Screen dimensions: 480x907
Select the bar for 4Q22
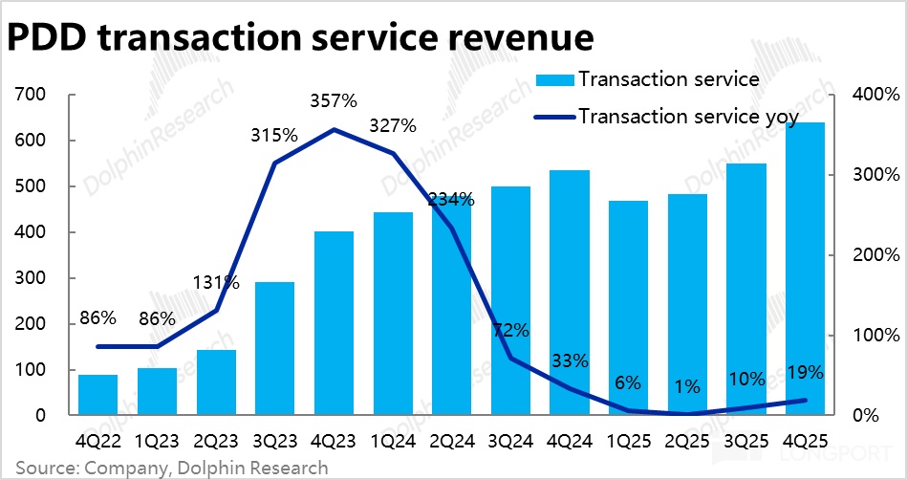coord(97,395)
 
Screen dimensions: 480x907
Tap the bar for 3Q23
coord(274,349)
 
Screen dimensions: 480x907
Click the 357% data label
coord(334,100)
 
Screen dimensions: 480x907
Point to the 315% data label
coord(274,135)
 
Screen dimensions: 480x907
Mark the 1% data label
coord(686,387)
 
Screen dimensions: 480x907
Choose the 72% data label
coord(510,331)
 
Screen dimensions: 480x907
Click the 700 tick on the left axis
coord(32,95)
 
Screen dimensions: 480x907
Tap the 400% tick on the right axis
coord(878,95)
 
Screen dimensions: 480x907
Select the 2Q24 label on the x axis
coord(451,443)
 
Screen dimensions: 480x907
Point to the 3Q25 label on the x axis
coord(745,443)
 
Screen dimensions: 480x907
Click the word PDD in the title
coord(49,37)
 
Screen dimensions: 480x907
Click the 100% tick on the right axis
coord(878,336)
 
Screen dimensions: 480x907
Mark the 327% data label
coord(393,125)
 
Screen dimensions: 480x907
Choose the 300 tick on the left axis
coord(32,278)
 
